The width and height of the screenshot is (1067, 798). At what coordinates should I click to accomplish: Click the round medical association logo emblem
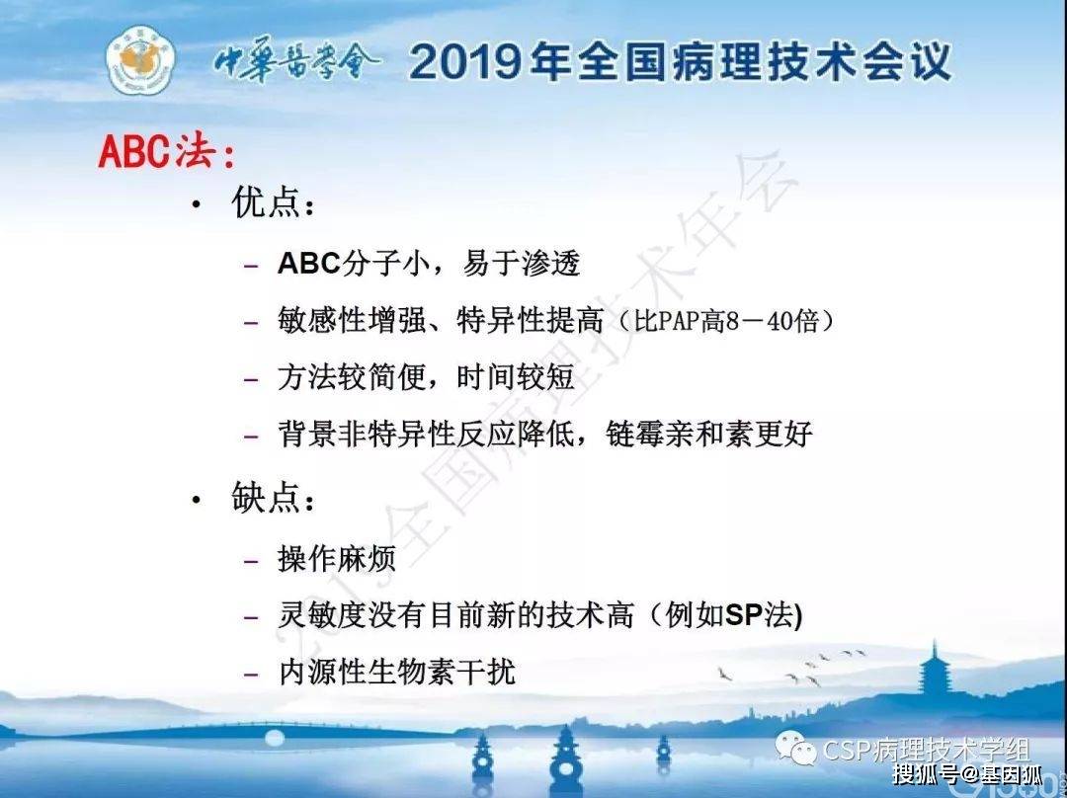click(x=141, y=60)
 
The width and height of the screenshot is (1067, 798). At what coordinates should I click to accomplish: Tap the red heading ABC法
click(x=166, y=151)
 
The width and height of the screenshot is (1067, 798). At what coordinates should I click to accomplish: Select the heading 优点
click(x=273, y=202)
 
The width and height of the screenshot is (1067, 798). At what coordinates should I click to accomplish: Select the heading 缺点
click(x=273, y=498)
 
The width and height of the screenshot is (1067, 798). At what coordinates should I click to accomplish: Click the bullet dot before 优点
click(x=197, y=203)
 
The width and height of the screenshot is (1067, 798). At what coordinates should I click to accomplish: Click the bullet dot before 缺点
click(x=197, y=500)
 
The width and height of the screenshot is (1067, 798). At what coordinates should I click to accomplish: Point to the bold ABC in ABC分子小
click(x=309, y=264)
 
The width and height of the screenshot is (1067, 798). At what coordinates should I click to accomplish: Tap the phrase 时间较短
click(x=515, y=377)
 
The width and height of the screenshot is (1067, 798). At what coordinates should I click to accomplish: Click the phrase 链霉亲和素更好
click(x=709, y=434)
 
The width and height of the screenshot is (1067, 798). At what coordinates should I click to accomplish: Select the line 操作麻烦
click(x=337, y=559)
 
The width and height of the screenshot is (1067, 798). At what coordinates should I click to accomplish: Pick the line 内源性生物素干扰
click(x=397, y=673)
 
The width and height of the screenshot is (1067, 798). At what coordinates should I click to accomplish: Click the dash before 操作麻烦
click(x=251, y=561)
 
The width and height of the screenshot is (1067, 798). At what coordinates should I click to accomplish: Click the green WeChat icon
click(x=795, y=749)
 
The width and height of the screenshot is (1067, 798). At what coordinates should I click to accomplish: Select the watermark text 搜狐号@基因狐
click(x=967, y=774)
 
